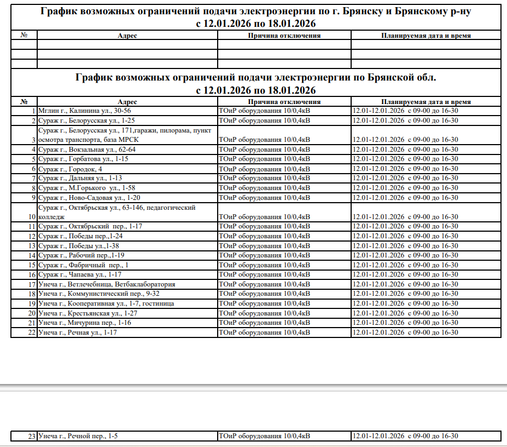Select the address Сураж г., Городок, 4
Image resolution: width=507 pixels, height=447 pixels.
(x=70, y=169)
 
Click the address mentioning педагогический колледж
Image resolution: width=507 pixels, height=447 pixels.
(x=116, y=212)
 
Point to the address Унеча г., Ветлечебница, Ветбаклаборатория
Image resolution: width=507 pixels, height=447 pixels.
(x=107, y=284)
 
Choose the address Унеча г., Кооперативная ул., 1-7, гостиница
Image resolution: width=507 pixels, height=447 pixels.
(x=106, y=303)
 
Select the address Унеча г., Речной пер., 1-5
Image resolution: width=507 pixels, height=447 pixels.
(x=78, y=436)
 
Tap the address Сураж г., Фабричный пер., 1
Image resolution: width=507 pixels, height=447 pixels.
(x=83, y=265)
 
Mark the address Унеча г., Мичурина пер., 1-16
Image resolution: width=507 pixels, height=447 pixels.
(x=85, y=323)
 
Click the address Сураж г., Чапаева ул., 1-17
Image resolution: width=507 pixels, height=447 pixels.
(x=80, y=274)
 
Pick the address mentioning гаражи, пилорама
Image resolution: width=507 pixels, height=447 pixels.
(x=124, y=135)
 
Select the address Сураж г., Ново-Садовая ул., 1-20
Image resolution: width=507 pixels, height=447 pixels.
(x=90, y=197)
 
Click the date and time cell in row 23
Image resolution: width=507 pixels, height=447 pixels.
(x=405, y=436)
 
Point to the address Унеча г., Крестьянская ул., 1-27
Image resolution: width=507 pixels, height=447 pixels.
(x=88, y=313)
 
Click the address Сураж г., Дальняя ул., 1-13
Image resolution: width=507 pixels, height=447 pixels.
(x=80, y=178)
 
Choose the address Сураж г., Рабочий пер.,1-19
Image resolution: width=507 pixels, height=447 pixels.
(x=81, y=255)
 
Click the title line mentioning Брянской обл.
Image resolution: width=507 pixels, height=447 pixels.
(x=256, y=78)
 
